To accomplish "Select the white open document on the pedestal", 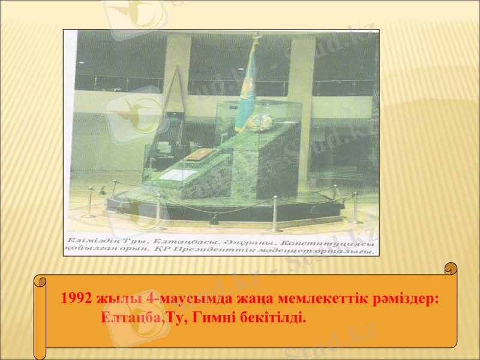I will [x=179, y=175].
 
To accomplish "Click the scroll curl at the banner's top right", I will [x=451, y=270].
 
